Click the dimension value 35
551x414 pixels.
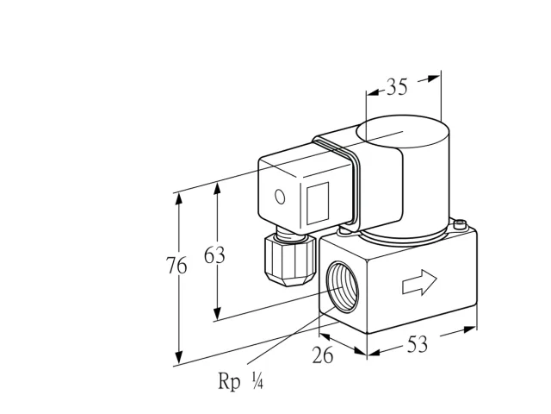[397, 86]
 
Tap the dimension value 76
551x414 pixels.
[176, 266]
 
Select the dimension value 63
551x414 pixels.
[214, 255]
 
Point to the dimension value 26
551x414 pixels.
[323, 354]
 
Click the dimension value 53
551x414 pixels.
[418, 344]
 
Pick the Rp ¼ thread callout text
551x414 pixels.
[241, 381]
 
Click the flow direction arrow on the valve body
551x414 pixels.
[419, 282]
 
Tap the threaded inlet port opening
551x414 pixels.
[343, 286]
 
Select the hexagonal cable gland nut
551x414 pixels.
[290, 260]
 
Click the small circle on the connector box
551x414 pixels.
[280, 197]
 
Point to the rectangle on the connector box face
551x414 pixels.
[318, 204]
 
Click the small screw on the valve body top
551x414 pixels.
[460, 224]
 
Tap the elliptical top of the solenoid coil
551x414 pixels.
[403, 131]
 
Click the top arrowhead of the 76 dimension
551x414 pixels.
[179, 199]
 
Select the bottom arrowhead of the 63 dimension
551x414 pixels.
[218, 313]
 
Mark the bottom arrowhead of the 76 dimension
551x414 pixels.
[179, 358]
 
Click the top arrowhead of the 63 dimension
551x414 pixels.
[218, 188]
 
